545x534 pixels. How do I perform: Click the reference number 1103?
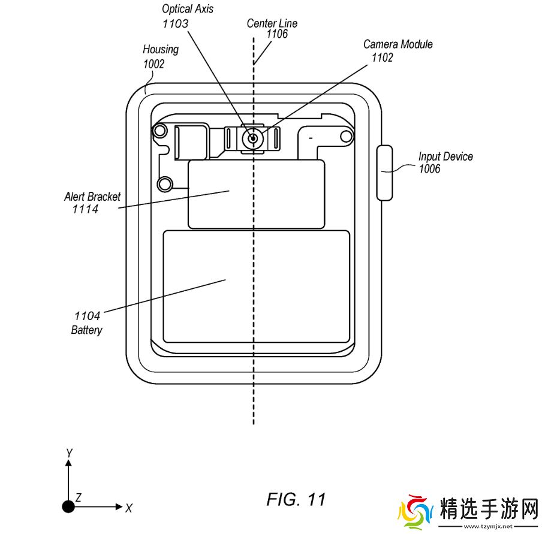175,24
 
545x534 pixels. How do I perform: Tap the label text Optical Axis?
188,10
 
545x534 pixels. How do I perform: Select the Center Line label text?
272,23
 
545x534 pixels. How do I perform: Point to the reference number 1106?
276,35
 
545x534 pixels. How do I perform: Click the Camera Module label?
398,44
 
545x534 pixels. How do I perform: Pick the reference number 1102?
383,58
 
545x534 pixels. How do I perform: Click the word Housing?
161,50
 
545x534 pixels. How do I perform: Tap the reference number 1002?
153,64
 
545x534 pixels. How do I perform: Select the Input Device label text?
445,157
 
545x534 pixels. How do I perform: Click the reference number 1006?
429,170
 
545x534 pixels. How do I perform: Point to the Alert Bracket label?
92,197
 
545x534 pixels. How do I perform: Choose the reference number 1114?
85,209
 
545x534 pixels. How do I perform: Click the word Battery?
87,330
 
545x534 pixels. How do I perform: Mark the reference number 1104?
88,316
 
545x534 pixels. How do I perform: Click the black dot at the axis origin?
69,507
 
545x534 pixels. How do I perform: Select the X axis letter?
129,508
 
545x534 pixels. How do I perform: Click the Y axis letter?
69,453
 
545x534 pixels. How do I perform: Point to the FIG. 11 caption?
296,500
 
